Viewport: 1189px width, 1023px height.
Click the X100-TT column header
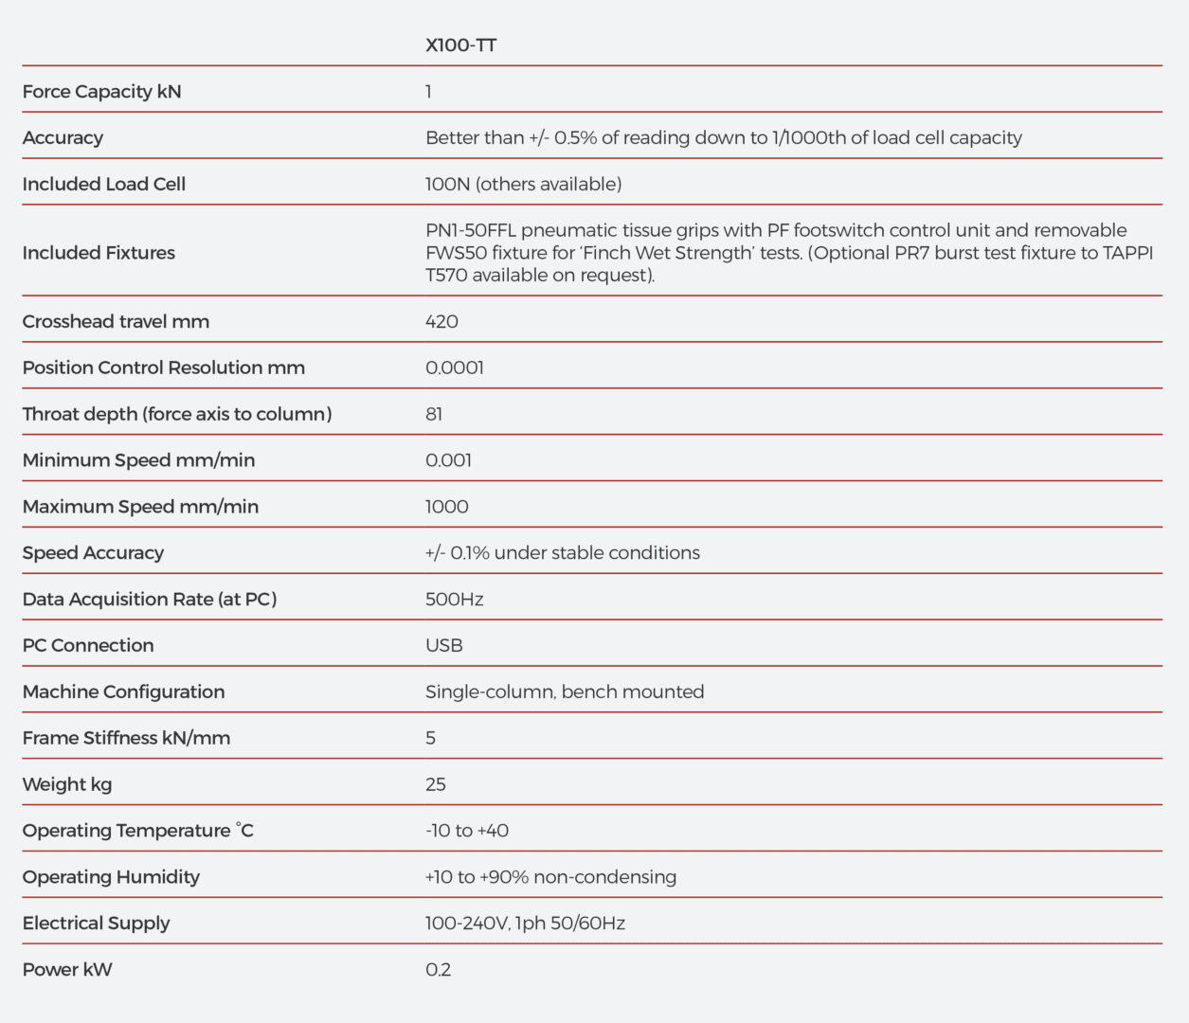point(460,45)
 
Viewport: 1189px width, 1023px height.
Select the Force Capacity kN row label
point(101,92)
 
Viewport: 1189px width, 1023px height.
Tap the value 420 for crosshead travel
point(441,322)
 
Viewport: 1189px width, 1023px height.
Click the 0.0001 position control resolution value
point(455,368)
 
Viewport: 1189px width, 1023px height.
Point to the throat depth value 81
point(434,414)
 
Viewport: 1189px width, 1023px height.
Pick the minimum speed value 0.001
point(448,460)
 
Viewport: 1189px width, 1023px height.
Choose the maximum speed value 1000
point(446,507)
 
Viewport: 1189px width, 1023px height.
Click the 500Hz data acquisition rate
point(455,600)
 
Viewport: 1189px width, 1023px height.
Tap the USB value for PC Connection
point(444,646)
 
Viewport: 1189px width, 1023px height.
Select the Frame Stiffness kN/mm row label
point(126,738)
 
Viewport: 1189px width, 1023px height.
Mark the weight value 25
point(436,784)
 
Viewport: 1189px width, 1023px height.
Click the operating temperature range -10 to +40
point(467,831)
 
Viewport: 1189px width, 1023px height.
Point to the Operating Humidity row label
point(111,877)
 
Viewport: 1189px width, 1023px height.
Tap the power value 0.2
point(438,970)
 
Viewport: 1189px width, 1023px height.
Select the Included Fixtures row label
point(99,253)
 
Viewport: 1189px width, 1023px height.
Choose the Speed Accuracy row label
point(93,553)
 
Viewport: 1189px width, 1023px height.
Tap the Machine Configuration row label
point(123,692)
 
